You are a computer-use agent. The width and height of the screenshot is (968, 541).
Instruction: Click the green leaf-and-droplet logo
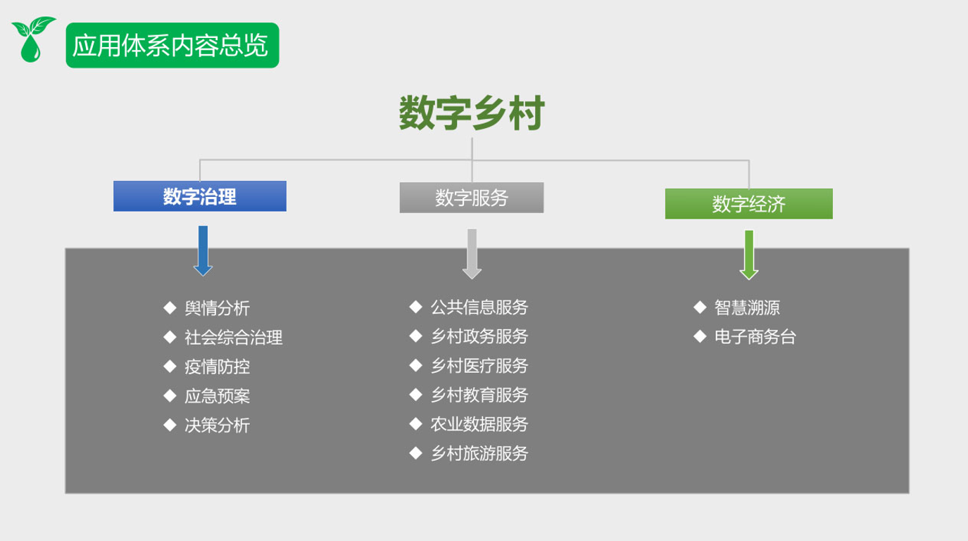(33, 39)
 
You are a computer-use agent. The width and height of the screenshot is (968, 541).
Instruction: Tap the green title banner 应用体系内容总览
(172, 45)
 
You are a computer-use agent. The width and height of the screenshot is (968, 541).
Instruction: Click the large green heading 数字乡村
(472, 113)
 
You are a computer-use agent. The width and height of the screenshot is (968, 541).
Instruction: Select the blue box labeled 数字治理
(200, 196)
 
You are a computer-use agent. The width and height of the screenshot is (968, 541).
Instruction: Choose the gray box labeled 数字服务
(472, 197)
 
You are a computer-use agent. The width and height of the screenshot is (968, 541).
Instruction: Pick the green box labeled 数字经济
(749, 204)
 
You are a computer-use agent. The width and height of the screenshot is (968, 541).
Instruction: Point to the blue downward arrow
(203, 251)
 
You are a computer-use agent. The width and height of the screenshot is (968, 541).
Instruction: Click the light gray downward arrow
(472, 254)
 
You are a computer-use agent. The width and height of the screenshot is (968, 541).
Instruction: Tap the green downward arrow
(749, 255)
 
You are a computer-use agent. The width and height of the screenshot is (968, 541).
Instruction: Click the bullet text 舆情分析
(217, 308)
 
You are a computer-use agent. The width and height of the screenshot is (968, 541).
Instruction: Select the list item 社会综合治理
(233, 337)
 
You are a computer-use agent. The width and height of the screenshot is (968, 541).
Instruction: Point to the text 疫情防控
(217, 367)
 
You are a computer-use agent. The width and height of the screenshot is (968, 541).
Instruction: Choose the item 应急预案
(217, 396)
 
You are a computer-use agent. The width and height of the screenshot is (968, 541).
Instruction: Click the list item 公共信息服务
(479, 307)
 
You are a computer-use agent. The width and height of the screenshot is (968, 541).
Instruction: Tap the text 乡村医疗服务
(479, 366)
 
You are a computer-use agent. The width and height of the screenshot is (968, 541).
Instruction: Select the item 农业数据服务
(479, 424)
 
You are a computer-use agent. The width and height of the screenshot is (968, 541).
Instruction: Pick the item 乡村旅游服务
(479, 453)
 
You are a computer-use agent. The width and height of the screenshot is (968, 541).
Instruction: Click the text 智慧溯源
(747, 307)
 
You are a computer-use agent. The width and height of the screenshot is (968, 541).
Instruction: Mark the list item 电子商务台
(755, 337)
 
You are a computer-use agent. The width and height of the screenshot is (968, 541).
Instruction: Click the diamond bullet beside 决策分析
(170, 425)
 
